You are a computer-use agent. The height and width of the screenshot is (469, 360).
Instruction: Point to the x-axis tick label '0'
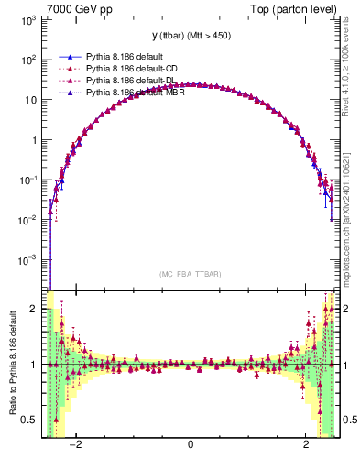coord(190,445)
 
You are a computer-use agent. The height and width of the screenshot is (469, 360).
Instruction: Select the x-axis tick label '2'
coord(306,445)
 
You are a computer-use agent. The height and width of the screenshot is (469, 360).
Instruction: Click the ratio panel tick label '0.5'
coord(30,420)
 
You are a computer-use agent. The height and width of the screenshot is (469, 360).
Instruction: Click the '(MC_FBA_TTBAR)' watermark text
coord(190,274)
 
